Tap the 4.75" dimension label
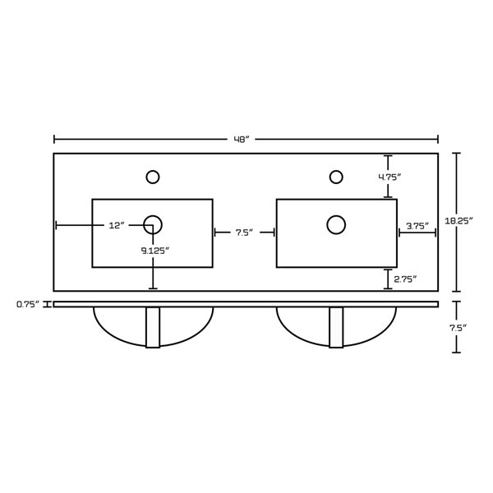pos(389,176)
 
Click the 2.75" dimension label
pos(403,279)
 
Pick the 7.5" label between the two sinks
pos(244,233)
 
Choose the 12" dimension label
pos(117,225)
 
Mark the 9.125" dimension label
pos(154,251)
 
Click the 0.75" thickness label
pos(29,304)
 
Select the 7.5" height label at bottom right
pos(458,328)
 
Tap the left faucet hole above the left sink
pos(152,176)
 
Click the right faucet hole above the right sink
pos(335,176)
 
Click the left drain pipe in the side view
pos(153,328)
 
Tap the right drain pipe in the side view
pos(336,328)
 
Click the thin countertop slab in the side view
pos(246,304)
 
